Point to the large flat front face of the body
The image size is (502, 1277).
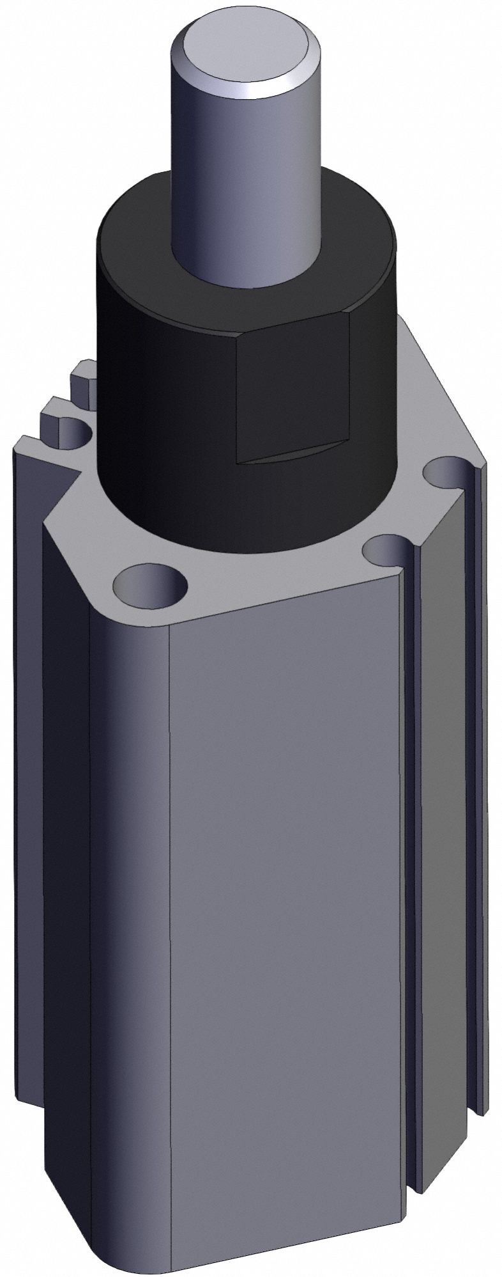point(287,895)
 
